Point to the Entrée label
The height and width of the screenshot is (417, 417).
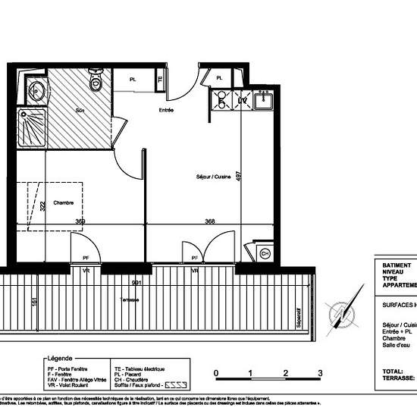pyautogui.click(x=168, y=110)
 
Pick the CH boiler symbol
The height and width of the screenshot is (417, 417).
pyautogui.click(x=265, y=253)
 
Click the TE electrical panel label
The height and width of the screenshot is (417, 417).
pyautogui.click(x=160, y=79)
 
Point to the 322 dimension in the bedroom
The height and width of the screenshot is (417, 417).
pyautogui.click(x=44, y=208)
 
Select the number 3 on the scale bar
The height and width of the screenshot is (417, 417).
pyautogui.click(x=320, y=373)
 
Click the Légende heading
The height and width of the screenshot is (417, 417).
pyautogui.click(x=60, y=357)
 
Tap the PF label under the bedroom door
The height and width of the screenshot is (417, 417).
pyautogui.click(x=86, y=259)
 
